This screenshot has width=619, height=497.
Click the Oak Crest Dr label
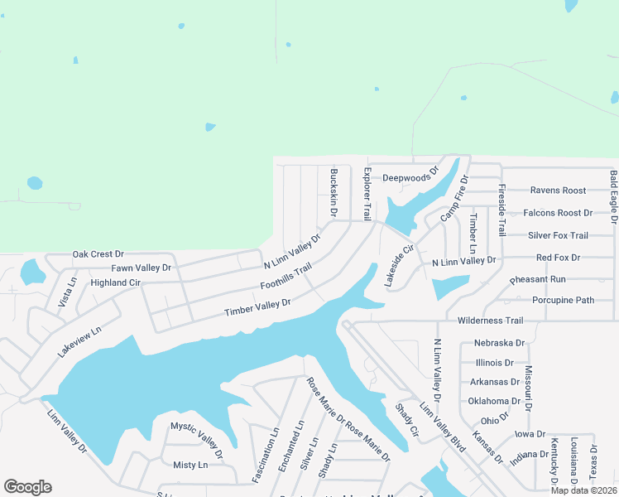[x=98, y=254]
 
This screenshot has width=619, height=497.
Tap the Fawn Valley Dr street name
[x=141, y=268]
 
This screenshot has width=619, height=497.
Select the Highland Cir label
[x=116, y=282]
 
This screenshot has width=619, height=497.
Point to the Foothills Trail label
[x=286, y=277]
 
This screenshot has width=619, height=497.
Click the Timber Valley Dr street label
[x=258, y=307]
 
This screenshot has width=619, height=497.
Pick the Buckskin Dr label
[x=334, y=193]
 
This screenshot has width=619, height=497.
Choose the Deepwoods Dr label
[x=407, y=177]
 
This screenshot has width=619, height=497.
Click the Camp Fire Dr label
[x=454, y=199]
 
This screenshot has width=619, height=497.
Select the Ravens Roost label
[x=558, y=191]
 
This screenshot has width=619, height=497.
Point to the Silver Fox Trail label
[x=558, y=235]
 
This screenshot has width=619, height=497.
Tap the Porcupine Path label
[x=563, y=300]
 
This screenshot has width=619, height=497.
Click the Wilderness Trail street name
[x=491, y=321]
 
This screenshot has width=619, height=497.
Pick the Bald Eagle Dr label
[x=613, y=196]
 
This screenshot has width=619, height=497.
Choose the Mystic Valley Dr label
[x=197, y=439]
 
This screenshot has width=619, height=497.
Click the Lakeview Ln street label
[x=79, y=340]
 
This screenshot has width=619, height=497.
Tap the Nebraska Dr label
[x=500, y=343]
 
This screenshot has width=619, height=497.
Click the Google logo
[x=27, y=487]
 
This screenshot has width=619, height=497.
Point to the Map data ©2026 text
[x=583, y=490]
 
